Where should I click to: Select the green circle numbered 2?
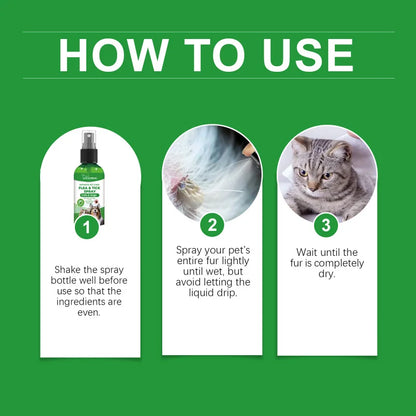[x=212, y=225]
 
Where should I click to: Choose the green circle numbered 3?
[x=326, y=225]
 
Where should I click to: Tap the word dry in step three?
[x=327, y=280]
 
